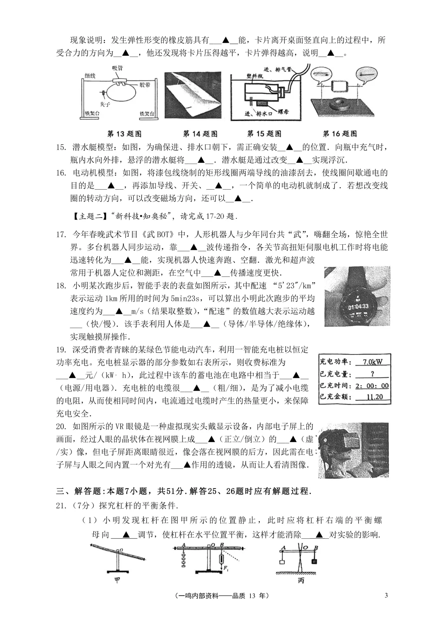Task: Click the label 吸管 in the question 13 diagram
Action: pos(118,68)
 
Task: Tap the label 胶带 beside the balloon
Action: pos(145,85)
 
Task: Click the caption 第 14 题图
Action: pos(200,134)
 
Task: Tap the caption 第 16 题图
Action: pos(340,134)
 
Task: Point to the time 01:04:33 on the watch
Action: pos(358,306)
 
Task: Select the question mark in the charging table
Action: pos(372,374)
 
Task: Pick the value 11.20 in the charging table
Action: pos(374,397)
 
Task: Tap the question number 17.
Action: pos(61,235)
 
